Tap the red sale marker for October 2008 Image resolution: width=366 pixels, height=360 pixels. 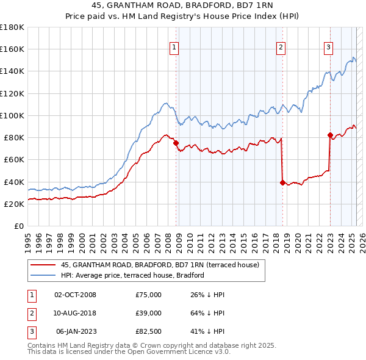[176, 143]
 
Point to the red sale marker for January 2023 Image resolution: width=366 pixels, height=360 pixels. [330, 135]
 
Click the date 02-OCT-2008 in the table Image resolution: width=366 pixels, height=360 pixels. [75, 295]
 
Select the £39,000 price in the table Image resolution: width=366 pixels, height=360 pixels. [148, 313]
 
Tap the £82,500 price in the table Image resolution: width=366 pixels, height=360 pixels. [148, 331]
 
